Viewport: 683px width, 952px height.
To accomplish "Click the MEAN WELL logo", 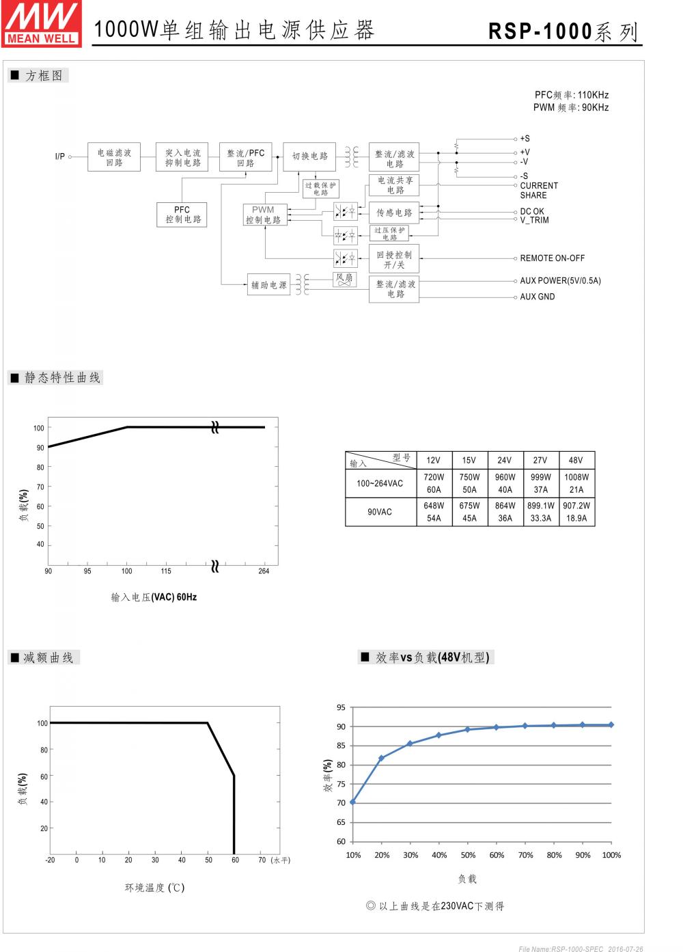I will (x=42, y=24).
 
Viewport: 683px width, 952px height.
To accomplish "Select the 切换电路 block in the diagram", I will (x=310, y=157).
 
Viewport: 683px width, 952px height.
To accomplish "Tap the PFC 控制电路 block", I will (x=182, y=215).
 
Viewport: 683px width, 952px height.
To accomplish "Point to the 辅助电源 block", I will (x=268, y=285).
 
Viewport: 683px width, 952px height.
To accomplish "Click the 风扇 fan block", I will (x=345, y=279).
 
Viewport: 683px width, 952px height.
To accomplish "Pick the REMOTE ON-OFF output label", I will (x=552, y=258).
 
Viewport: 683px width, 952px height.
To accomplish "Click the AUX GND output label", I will (x=537, y=297).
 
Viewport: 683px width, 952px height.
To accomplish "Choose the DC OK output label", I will (x=532, y=211).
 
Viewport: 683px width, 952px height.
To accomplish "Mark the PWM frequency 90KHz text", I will (x=571, y=107).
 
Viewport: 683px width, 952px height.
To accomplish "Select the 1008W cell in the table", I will (x=576, y=477).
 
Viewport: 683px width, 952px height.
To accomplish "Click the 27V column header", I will (x=540, y=460).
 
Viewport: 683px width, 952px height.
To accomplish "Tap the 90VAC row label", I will (x=380, y=512).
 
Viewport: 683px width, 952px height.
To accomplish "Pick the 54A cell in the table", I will (x=434, y=518).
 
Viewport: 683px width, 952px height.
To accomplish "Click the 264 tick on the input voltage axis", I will (x=264, y=571).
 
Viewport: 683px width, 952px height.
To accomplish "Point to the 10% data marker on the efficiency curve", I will (x=352, y=802).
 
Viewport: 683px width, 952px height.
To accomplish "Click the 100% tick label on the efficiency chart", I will (x=611, y=855).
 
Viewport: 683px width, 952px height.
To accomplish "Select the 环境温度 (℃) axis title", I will (x=154, y=888).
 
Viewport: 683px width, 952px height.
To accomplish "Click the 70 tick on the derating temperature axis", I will (x=262, y=860).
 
